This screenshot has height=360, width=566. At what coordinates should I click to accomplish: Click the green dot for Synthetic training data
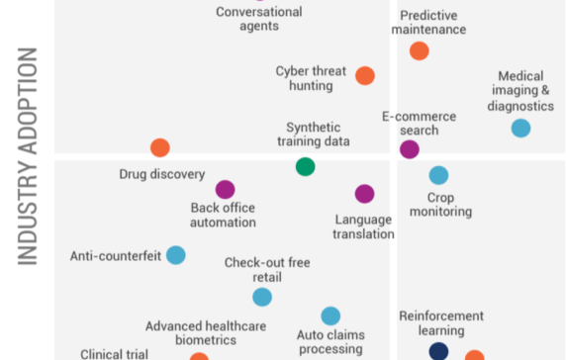pyautogui.click(x=305, y=166)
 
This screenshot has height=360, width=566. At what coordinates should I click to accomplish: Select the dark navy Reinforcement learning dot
pyautogui.click(x=438, y=350)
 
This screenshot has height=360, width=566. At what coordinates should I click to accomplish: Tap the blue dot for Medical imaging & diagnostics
pyautogui.click(x=520, y=128)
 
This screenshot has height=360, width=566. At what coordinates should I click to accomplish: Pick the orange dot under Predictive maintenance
pyautogui.click(x=420, y=50)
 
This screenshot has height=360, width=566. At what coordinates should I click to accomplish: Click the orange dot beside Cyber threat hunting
pyautogui.click(x=365, y=75)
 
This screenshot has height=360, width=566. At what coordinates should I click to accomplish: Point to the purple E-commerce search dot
pyautogui.click(x=409, y=149)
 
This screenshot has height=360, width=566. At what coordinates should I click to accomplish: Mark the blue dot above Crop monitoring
pyautogui.click(x=438, y=175)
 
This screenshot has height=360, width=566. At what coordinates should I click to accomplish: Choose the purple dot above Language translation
pyautogui.click(x=364, y=194)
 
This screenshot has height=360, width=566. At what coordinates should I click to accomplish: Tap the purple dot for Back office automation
pyautogui.click(x=225, y=189)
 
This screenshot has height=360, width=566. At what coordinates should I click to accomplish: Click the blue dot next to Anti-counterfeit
pyautogui.click(x=175, y=255)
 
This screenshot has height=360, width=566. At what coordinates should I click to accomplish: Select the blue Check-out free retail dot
pyautogui.click(x=261, y=297)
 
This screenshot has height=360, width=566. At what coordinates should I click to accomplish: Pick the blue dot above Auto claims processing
pyautogui.click(x=330, y=315)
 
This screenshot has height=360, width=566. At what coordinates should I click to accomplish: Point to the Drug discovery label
pyautogui.click(x=147, y=174)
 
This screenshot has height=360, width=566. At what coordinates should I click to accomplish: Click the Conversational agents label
pyautogui.click(x=259, y=19)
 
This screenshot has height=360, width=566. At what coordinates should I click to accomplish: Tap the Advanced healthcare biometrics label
pyautogui.click(x=191, y=332)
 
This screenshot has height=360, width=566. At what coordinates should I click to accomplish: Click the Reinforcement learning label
pyautogui.click(x=441, y=322)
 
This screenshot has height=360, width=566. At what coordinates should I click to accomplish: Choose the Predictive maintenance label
pyautogui.click(x=433, y=23)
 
